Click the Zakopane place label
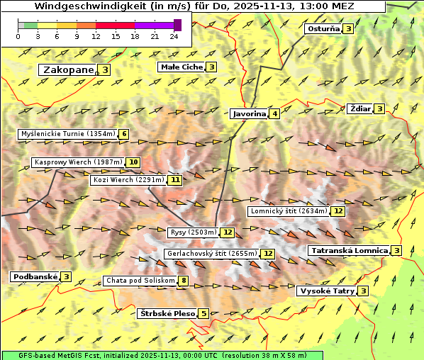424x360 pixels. pos(68,69)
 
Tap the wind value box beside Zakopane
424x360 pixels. pos(105,69)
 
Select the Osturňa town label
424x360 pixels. pos(323,29)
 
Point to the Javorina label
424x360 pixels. pos(249,113)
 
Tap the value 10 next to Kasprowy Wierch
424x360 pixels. pos(133,162)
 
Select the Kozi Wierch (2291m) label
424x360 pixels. pos(128,180)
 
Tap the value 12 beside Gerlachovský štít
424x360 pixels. pos(268,254)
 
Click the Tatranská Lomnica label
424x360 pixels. pos(350,250)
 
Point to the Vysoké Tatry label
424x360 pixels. pos(327,291)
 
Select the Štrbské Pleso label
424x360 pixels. pos(167,313)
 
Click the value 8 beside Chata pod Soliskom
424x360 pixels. pos(183,281)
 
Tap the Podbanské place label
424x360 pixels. pos(34,276)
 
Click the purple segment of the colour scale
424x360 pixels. pos(154,25)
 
